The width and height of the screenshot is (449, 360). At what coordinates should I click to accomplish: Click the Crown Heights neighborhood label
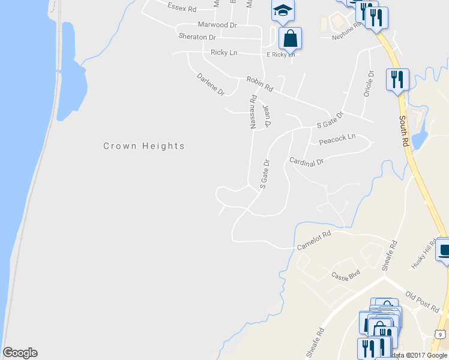pos(144,146)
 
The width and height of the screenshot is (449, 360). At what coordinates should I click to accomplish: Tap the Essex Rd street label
pos(182,10)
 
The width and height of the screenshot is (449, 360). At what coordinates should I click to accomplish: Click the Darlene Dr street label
pos(210,85)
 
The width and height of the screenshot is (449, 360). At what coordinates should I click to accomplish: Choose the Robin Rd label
pos(259,83)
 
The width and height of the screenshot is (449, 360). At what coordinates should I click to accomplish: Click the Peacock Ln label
pos(337,139)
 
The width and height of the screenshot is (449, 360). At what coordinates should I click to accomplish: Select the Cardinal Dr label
pos(306,161)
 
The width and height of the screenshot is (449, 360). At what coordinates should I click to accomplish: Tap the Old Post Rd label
pos(422,301)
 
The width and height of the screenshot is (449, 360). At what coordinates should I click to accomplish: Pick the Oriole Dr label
pos(370,83)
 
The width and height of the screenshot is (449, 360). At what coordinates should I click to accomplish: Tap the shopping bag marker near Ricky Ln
pos(289,38)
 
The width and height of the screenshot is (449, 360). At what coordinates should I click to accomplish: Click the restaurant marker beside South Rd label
pos(397,79)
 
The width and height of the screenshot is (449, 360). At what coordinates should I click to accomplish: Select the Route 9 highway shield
pos(440,334)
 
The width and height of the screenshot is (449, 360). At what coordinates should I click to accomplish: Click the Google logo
pos(20,353)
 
